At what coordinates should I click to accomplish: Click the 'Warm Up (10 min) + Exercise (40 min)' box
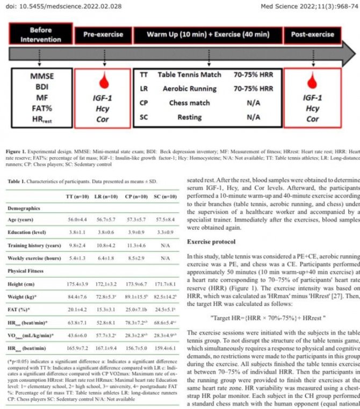click(208, 34)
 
